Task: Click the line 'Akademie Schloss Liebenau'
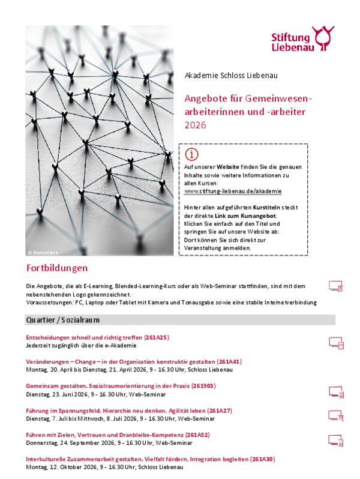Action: point(223,76)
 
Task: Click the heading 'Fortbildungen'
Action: point(57,267)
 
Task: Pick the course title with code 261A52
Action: point(118,434)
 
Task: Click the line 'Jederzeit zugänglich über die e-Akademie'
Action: point(82,345)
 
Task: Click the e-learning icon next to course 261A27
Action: point(336,415)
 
